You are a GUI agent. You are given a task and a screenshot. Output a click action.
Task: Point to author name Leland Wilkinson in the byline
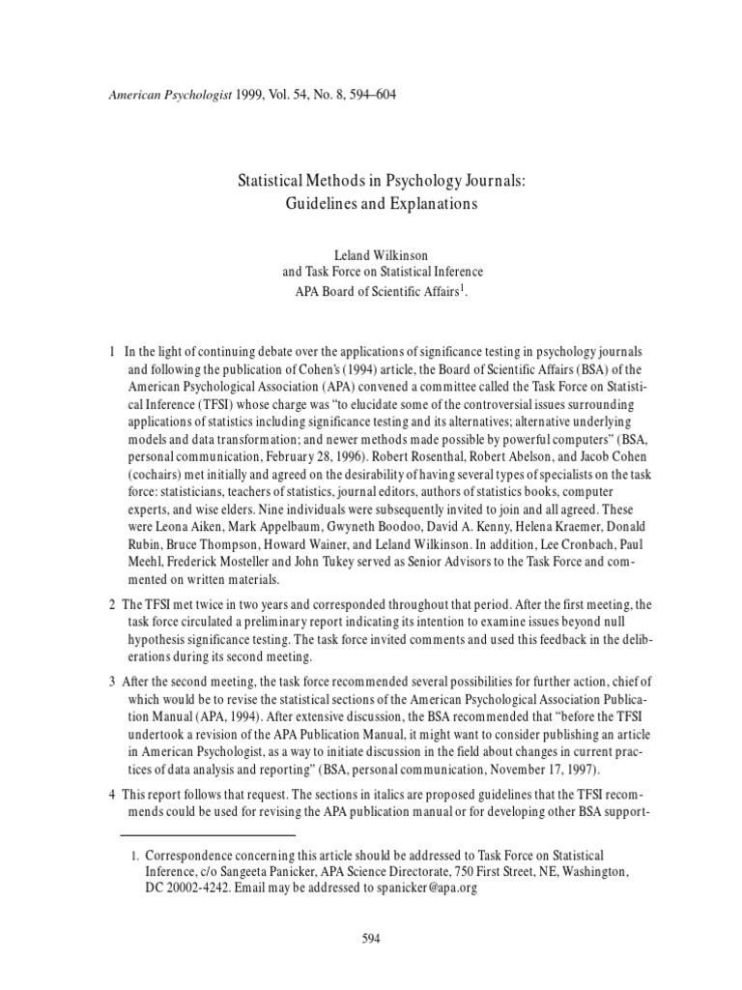[x=371, y=255]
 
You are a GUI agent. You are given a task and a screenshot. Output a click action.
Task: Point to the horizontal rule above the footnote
[x=208, y=833]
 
